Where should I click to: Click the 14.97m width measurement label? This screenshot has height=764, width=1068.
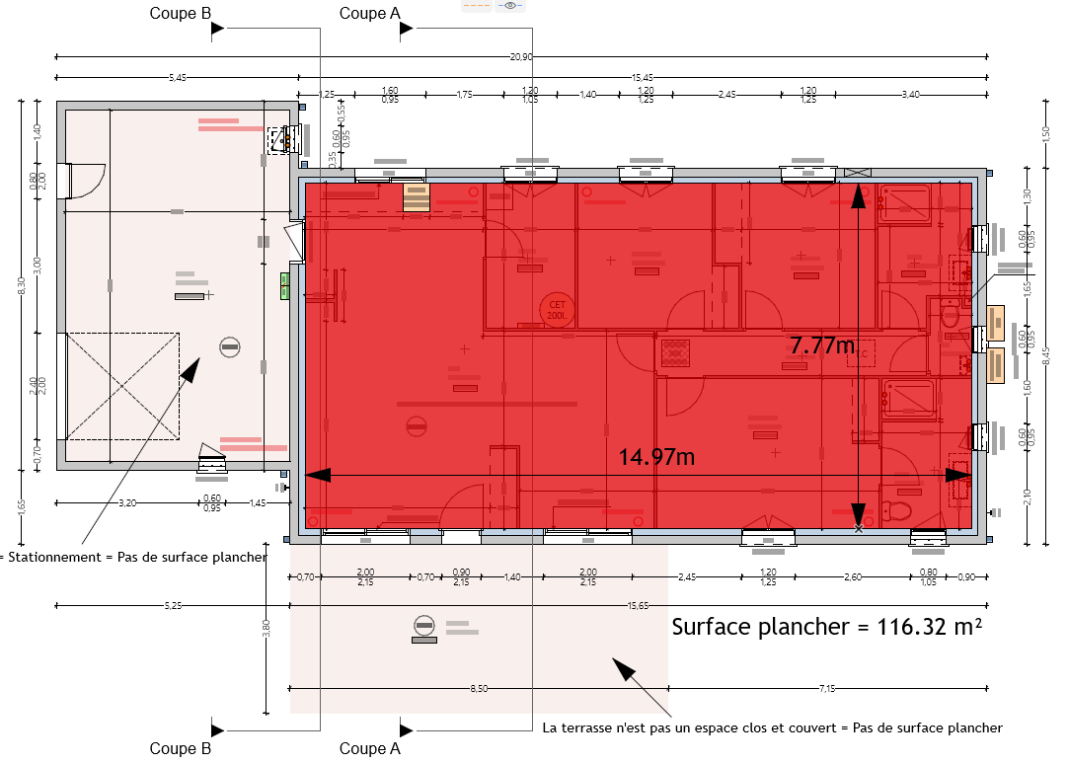click(x=656, y=457)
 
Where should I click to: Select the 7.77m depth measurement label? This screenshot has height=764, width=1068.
click(x=822, y=345)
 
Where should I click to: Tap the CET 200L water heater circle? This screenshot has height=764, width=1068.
click(x=557, y=310)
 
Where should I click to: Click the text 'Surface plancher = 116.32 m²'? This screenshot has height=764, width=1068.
click(x=826, y=627)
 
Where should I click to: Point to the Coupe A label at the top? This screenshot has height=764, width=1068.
click(x=369, y=13)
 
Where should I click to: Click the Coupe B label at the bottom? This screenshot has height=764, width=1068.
click(x=181, y=748)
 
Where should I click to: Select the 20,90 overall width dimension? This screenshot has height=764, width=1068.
click(x=521, y=57)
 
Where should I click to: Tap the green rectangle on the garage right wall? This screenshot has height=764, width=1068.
click(x=284, y=285)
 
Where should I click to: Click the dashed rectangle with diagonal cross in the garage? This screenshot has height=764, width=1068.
click(x=123, y=385)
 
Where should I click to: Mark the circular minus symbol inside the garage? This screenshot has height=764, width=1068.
click(x=229, y=346)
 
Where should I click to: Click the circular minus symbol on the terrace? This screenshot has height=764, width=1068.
click(x=424, y=624)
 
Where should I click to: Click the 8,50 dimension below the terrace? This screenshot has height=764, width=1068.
click(x=478, y=689)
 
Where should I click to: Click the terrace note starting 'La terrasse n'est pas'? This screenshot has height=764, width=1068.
click(x=772, y=728)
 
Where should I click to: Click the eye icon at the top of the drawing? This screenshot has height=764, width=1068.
click(x=510, y=6)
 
